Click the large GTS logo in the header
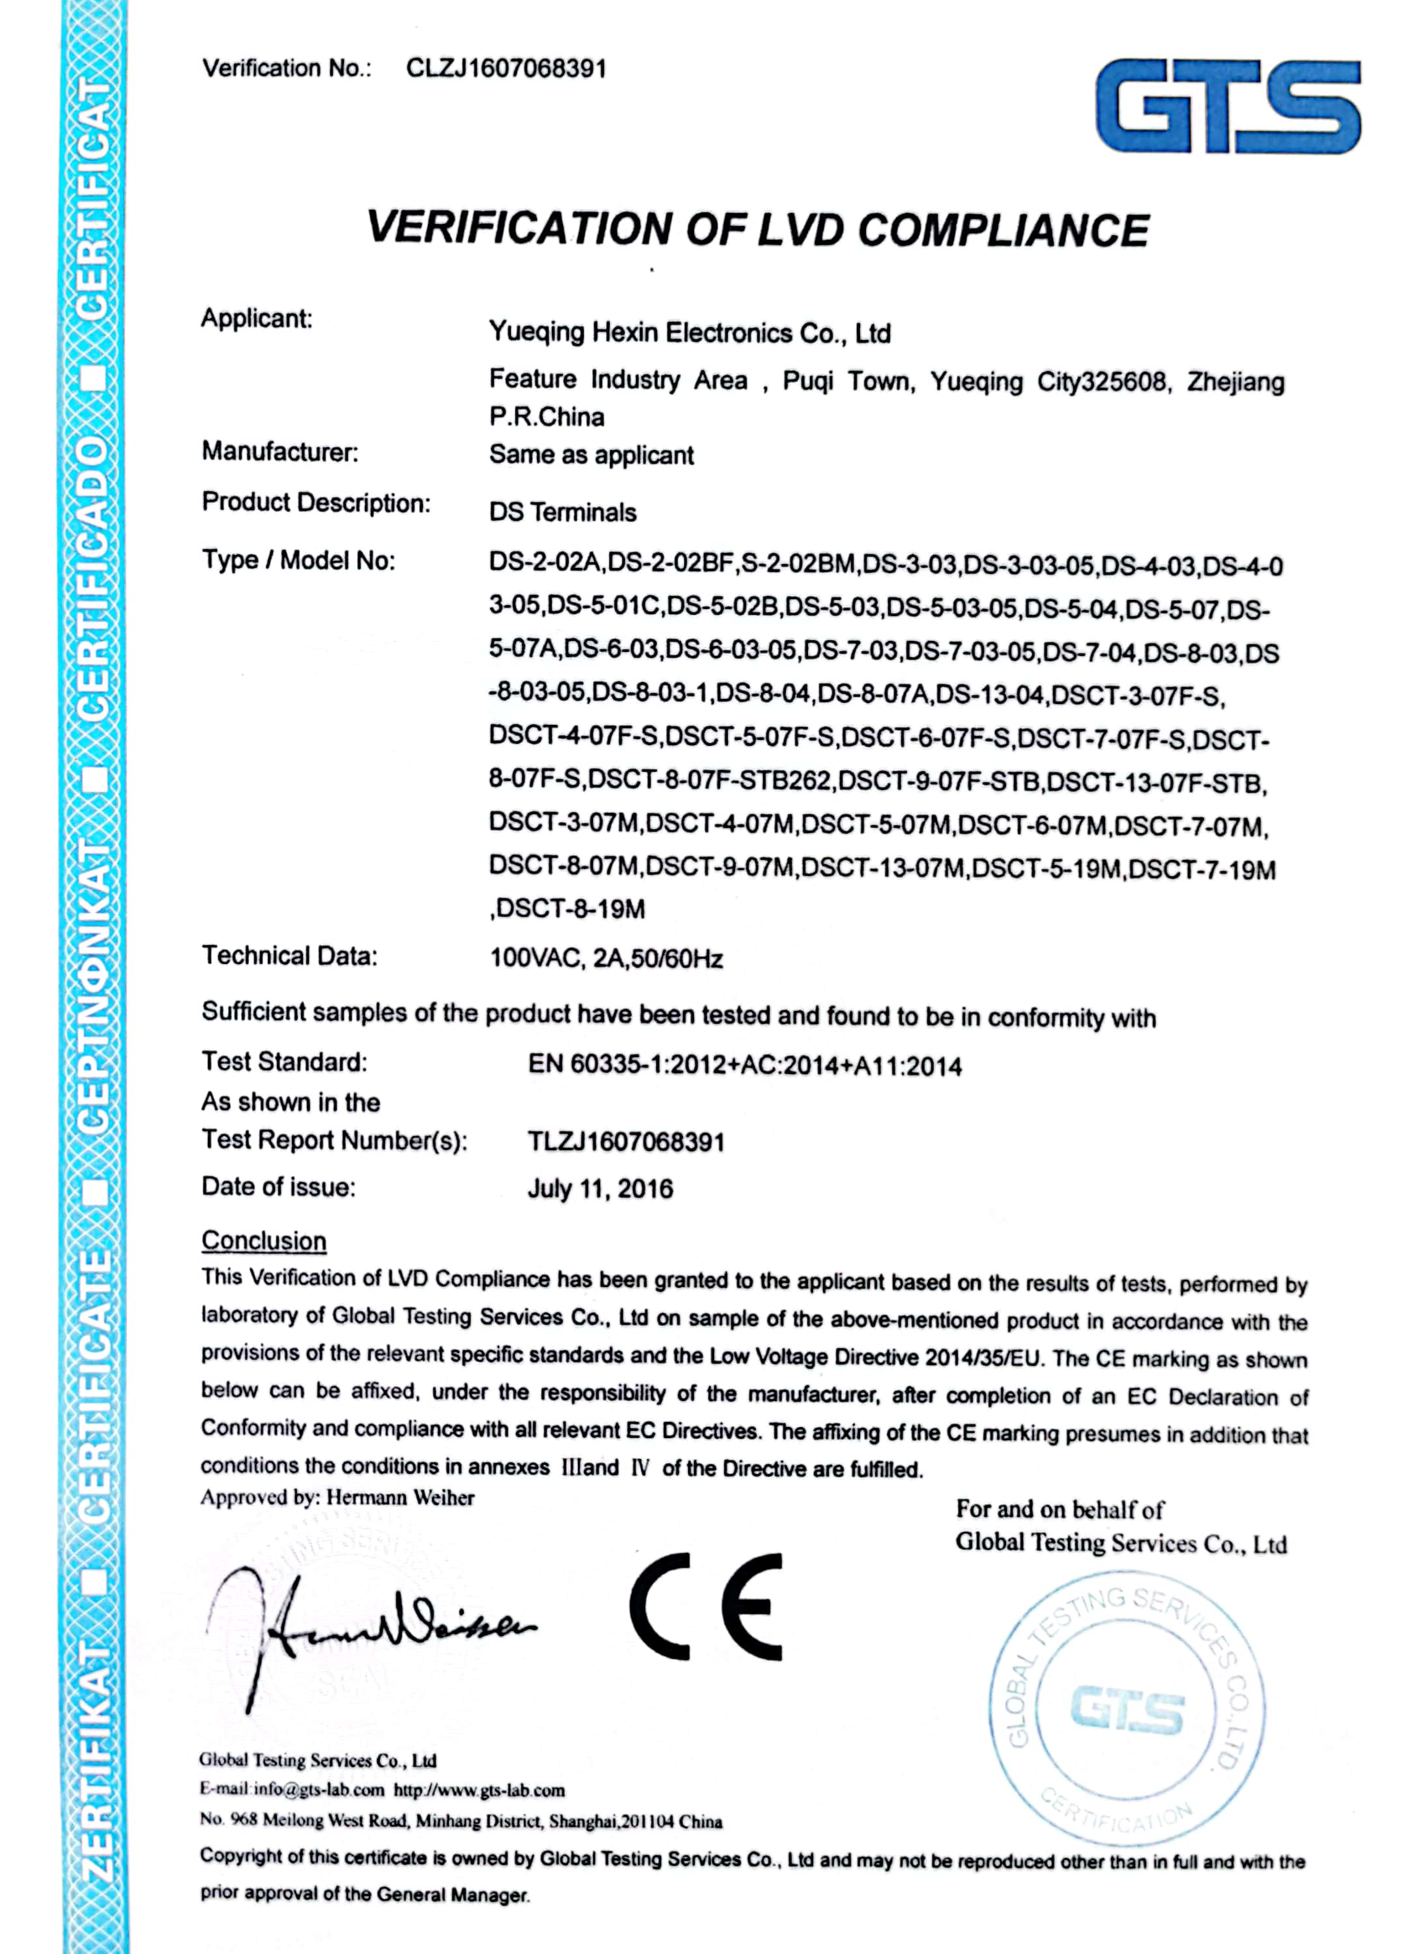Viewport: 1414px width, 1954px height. pyautogui.click(x=1227, y=106)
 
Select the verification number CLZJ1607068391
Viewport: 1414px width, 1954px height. pyautogui.click(x=507, y=69)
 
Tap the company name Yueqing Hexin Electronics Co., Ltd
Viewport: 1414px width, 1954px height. pyautogui.click(x=689, y=333)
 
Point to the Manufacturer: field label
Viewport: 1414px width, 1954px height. pyautogui.click(x=280, y=451)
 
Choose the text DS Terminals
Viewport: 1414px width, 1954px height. pyautogui.click(x=563, y=513)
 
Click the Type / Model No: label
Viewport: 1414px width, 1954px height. pyautogui.click(x=298, y=561)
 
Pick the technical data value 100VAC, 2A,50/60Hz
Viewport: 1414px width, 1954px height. pyautogui.click(x=606, y=958)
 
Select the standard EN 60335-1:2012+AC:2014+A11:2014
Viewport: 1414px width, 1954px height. pyautogui.click(x=745, y=1066)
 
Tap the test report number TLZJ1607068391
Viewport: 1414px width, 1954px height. pyautogui.click(x=626, y=1142)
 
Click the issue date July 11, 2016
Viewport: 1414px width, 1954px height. pyautogui.click(x=599, y=1189)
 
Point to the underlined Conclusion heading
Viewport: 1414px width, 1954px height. pyautogui.click(x=264, y=1241)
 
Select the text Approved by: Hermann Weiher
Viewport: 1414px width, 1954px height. pyautogui.click(x=337, y=1497)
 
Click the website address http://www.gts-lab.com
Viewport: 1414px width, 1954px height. pyautogui.click(x=479, y=1791)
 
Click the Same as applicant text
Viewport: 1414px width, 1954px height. pyautogui.click(x=591, y=455)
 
